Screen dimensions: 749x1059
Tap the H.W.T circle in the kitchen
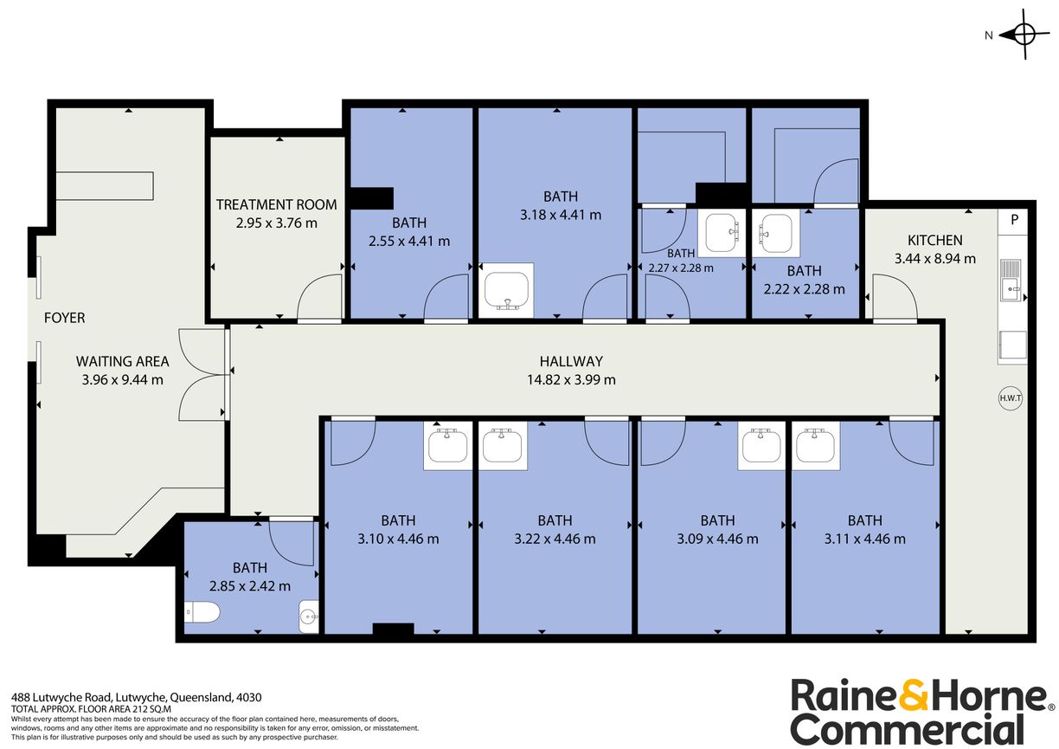1011,397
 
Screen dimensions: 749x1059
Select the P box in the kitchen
1013,221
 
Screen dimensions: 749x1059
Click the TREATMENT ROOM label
276,204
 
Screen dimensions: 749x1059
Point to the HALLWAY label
571,361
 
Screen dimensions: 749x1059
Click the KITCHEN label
934,240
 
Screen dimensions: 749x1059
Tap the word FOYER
65,318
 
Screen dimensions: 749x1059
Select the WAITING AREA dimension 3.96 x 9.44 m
122,379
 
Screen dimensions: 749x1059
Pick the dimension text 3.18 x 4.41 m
560,215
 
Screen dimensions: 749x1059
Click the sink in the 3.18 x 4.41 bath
507,290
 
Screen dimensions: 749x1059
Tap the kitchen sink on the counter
1011,279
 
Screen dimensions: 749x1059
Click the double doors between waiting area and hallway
201,375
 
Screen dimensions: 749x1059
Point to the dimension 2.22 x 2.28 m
804,289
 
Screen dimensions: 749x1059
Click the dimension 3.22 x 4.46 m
555,539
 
